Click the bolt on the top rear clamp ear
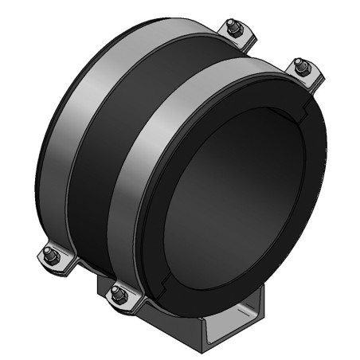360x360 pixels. pos(233,29)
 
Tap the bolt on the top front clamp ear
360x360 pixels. pos(303,67)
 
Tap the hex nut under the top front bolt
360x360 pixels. pos(303,72)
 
